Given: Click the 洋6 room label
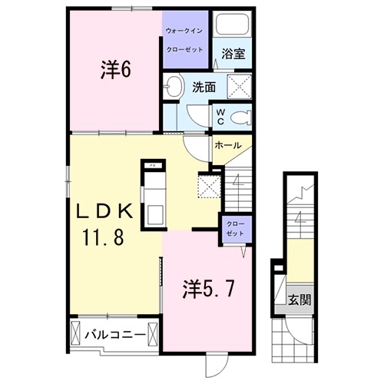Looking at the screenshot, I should coord(116,69).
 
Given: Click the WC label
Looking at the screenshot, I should coord(218,116).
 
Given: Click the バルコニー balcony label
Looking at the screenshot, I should coord(114,335).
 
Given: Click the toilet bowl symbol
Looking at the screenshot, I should coord(242,117).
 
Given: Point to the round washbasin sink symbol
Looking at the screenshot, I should coord(174,86).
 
